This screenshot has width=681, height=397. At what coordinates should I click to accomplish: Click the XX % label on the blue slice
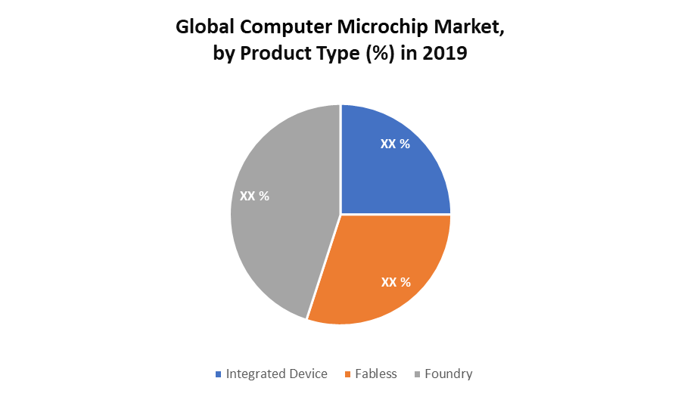[395, 144]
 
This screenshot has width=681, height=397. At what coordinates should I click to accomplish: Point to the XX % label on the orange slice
[396, 282]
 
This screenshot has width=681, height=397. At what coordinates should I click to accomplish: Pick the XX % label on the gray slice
[254, 195]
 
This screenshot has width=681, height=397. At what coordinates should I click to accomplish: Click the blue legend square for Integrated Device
[219, 374]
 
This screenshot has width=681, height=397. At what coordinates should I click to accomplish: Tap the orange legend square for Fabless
[348, 374]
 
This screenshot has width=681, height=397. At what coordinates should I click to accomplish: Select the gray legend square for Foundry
[417, 374]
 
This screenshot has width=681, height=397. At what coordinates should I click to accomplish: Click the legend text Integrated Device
[276, 374]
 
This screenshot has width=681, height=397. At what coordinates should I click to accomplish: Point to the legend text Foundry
[448, 374]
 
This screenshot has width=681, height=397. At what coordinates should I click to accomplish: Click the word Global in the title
[206, 27]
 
